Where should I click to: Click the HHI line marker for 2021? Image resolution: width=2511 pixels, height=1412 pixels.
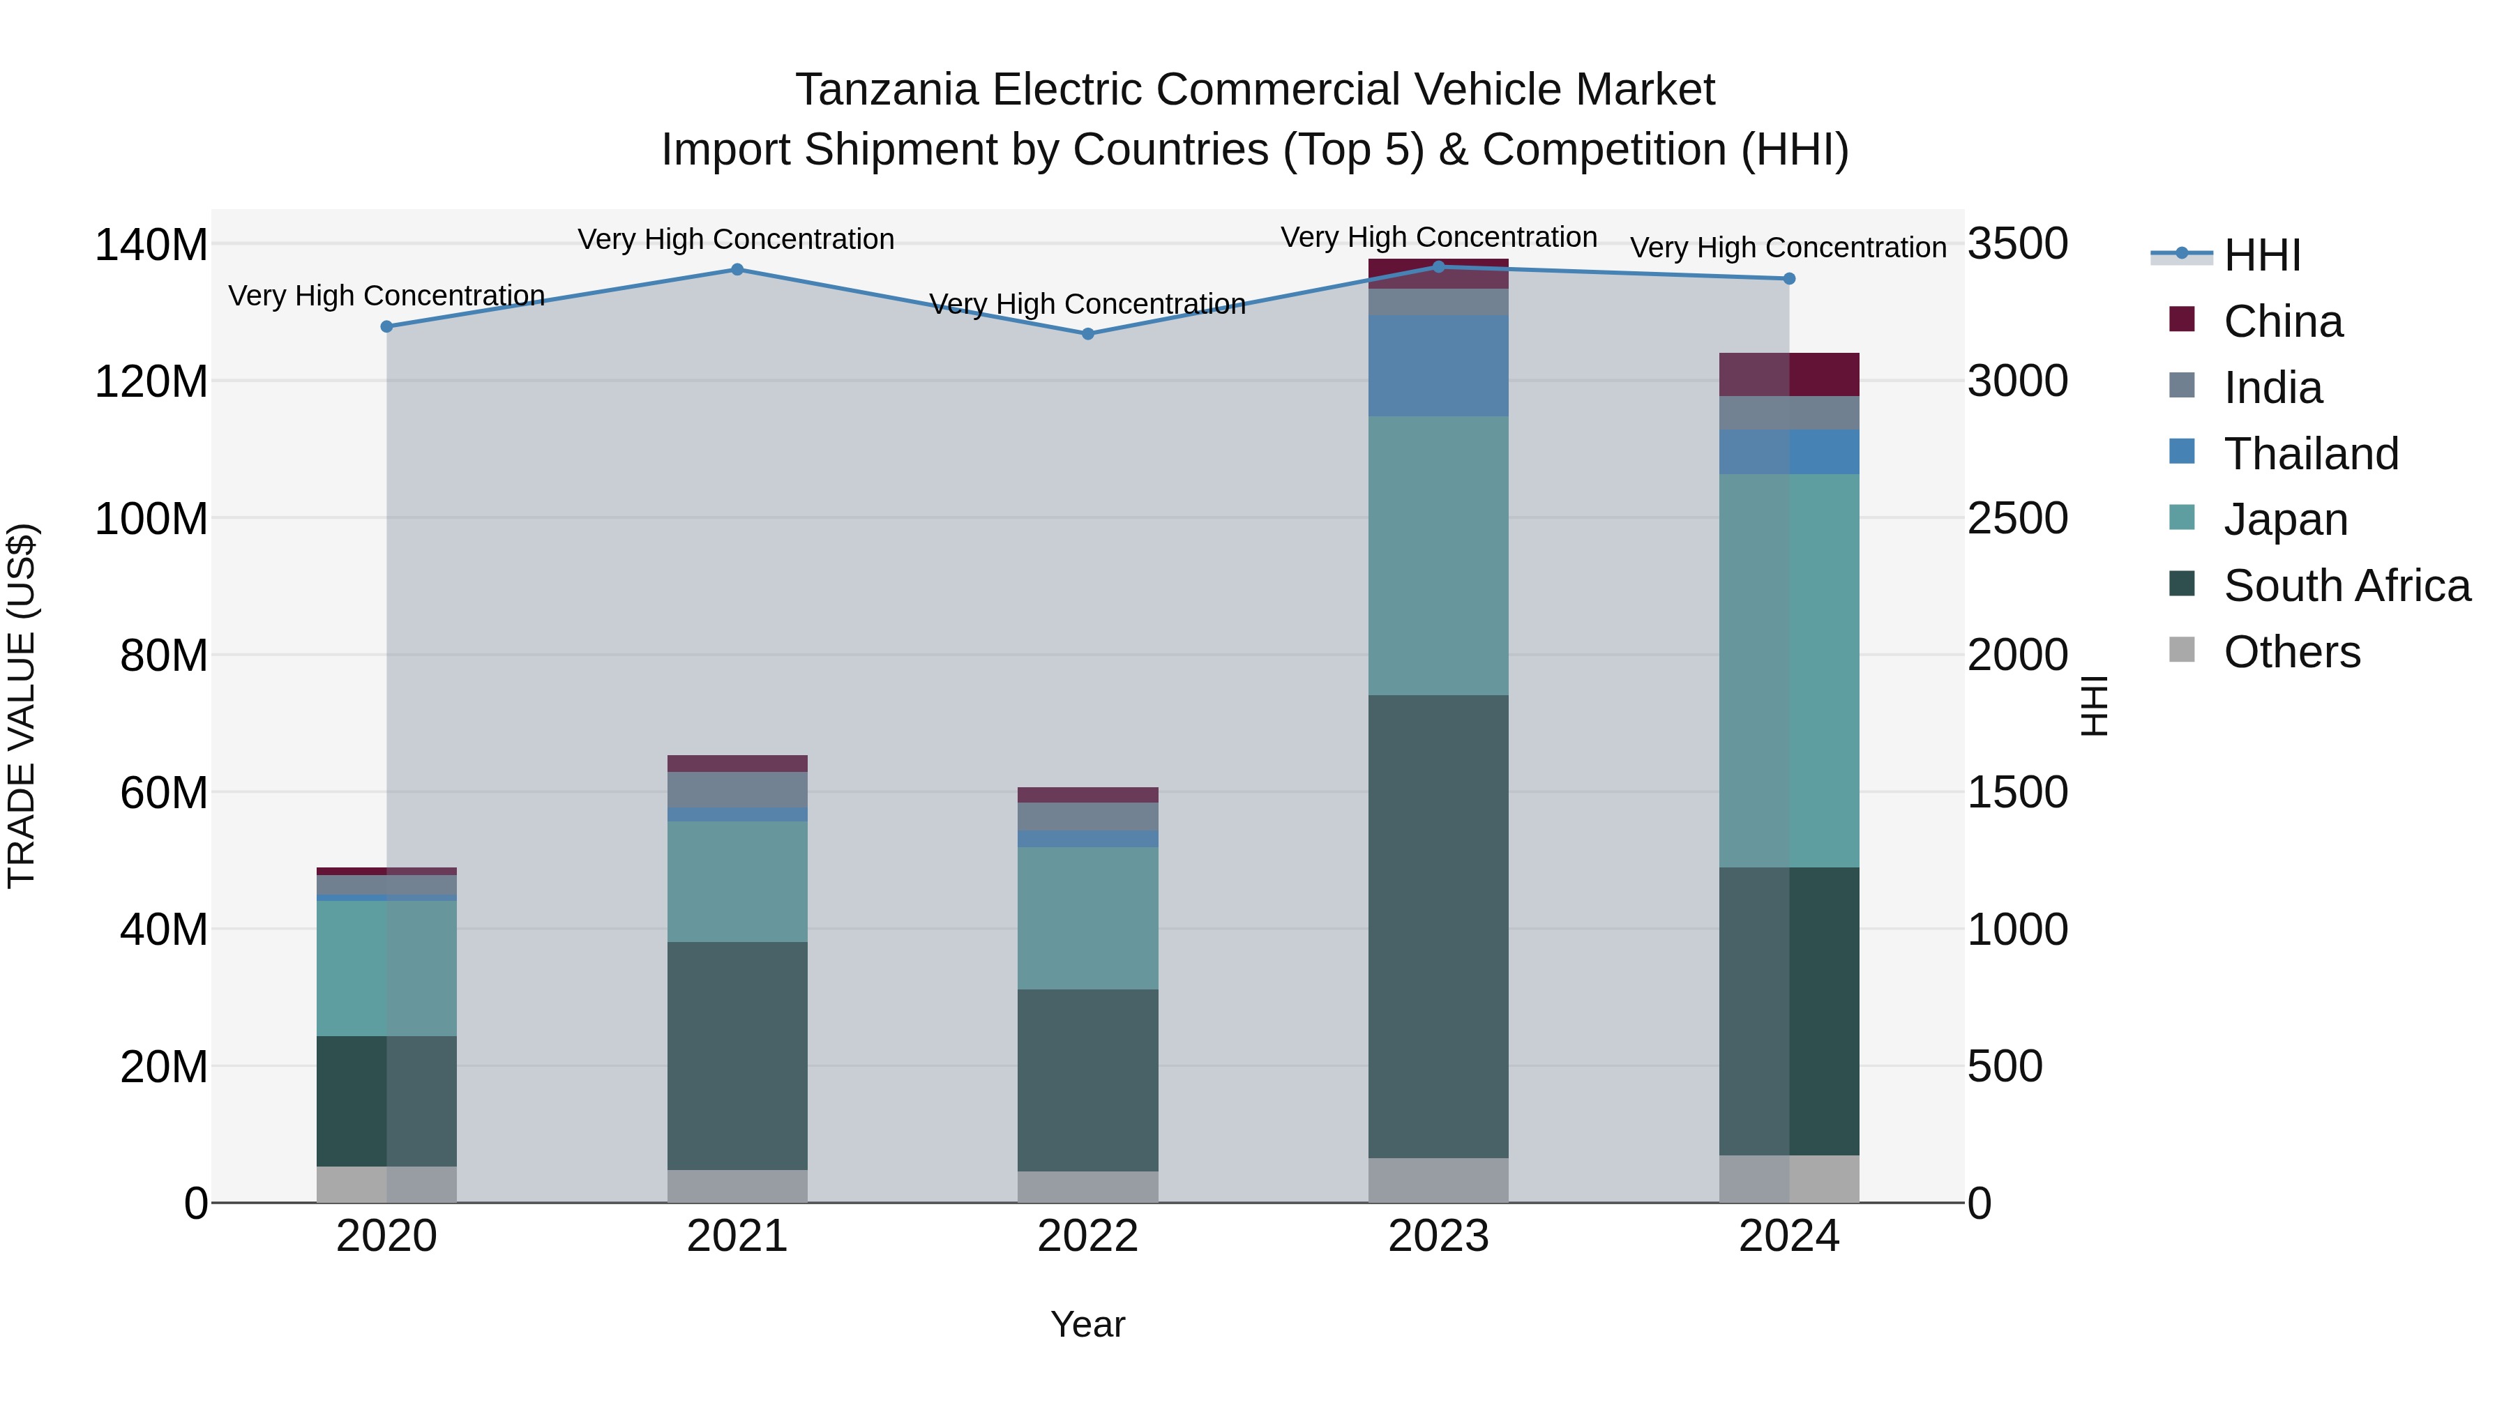click(737, 270)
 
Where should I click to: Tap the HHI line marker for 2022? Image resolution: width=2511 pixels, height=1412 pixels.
click(1089, 334)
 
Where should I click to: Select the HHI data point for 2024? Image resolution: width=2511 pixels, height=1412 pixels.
click(1788, 279)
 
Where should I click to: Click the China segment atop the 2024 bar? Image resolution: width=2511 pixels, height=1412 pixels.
click(1788, 374)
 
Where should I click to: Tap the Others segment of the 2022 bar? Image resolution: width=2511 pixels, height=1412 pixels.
click(1088, 1186)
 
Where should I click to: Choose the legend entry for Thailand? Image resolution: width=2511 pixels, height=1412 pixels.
click(2309, 454)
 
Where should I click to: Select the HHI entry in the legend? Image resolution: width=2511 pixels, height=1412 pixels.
click(2261, 255)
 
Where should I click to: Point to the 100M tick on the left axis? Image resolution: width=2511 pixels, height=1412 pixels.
click(151, 518)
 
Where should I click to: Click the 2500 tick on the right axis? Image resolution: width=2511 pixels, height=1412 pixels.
click(2016, 518)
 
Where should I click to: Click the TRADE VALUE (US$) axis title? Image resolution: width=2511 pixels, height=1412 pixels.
click(22, 706)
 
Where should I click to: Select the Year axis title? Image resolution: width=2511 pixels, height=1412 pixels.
click(1088, 1324)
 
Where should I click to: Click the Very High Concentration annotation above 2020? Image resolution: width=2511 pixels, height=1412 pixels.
click(386, 295)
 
